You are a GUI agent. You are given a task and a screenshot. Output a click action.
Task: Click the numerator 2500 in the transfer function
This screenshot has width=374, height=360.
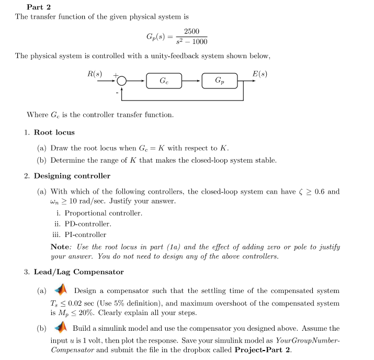coord(191,32)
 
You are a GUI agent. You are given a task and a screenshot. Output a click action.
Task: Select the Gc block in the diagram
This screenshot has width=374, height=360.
coord(164,81)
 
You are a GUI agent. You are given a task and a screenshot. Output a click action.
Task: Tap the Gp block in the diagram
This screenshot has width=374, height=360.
coord(219,81)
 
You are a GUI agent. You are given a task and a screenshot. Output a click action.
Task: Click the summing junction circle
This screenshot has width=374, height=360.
coord(121,81)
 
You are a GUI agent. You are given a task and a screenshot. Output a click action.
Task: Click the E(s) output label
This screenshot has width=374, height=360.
coord(259,74)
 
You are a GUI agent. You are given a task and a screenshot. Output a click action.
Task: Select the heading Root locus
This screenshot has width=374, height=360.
coord(54,132)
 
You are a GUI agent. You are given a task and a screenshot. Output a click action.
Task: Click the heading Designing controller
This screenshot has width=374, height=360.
coord(72,176)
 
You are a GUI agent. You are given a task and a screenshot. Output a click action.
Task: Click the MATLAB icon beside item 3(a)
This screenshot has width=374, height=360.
coord(62,290)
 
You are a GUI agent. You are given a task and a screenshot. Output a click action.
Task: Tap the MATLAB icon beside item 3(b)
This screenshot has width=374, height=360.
coord(62,328)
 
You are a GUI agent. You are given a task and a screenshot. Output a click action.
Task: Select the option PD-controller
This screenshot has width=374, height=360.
coord(88,224)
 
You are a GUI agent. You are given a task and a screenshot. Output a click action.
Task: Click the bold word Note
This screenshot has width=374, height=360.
coord(60,246)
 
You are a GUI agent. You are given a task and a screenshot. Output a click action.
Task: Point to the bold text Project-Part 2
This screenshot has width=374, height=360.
coord(263,350)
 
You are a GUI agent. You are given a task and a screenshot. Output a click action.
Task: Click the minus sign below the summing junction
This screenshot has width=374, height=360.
coord(117,93)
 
